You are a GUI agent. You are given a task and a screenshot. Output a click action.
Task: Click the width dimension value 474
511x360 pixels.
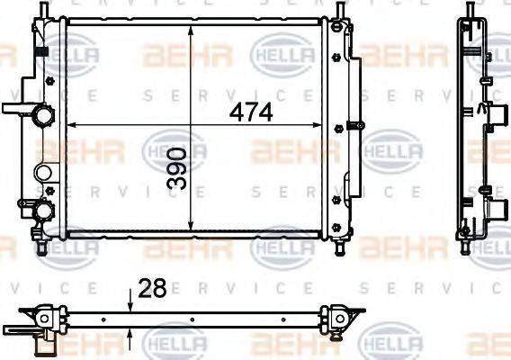tap(250, 113)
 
